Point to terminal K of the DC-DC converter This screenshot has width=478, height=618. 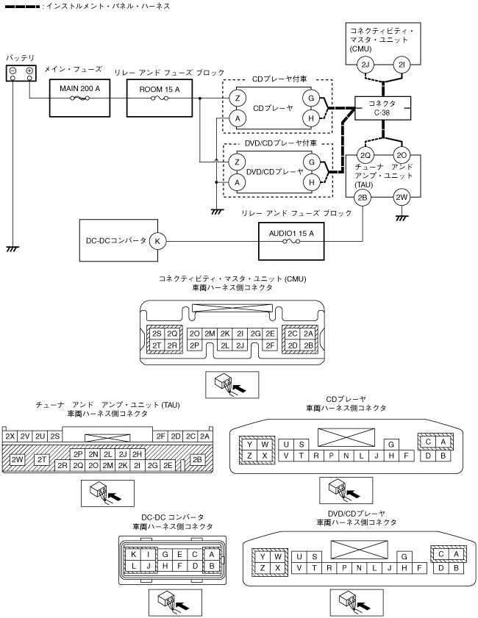pos(157,240)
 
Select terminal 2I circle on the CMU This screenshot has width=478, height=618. pos(400,65)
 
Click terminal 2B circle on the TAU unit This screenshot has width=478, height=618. pos(362,197)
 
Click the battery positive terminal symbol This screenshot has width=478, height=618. pos(29,71)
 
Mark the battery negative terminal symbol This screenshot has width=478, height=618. pos(14,71)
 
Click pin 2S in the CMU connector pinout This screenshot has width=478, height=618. pos(157,333)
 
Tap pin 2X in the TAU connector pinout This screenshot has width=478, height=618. pos(10,436)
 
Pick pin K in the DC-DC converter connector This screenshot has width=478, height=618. pos(135,554)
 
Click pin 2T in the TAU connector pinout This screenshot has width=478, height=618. pos(42,459)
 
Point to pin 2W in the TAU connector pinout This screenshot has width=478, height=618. pos(16,460)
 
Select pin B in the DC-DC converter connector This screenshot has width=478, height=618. pos(211,566)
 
